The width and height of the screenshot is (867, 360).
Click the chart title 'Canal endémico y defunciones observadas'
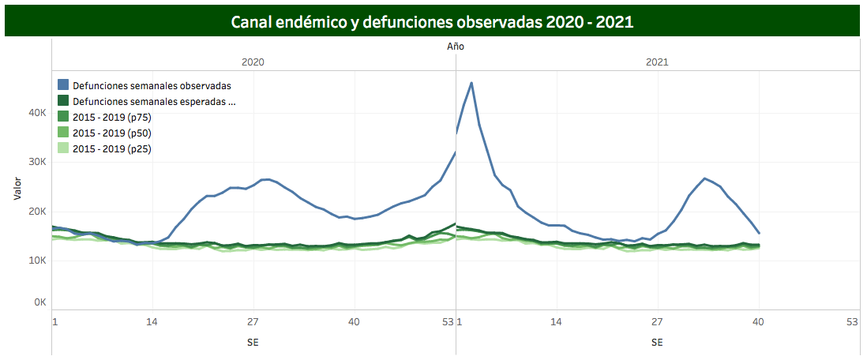point(432,21)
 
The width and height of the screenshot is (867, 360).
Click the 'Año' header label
point(456,47)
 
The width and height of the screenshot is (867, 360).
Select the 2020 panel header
point(253,62)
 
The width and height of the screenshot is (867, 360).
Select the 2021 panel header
point(657,62)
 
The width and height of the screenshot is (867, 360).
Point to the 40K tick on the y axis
point(37,113)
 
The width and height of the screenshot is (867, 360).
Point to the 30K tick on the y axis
point(37,163)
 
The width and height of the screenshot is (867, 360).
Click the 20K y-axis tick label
point(37,212)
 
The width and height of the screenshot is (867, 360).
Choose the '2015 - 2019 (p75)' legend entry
point(117,117)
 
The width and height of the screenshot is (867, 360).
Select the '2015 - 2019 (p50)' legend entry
point(117,133)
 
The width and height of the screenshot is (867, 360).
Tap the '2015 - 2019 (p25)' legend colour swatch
point(63,148)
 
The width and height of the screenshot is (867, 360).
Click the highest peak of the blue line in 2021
point(471,83)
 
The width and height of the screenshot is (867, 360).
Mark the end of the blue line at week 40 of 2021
point(759,233)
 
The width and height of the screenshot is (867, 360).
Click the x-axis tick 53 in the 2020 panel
point(448,322)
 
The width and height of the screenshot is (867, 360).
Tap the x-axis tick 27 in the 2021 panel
point(657,322)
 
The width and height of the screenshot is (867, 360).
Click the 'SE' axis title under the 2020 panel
point(253,343)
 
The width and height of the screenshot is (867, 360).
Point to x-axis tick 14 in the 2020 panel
point(152,322)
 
